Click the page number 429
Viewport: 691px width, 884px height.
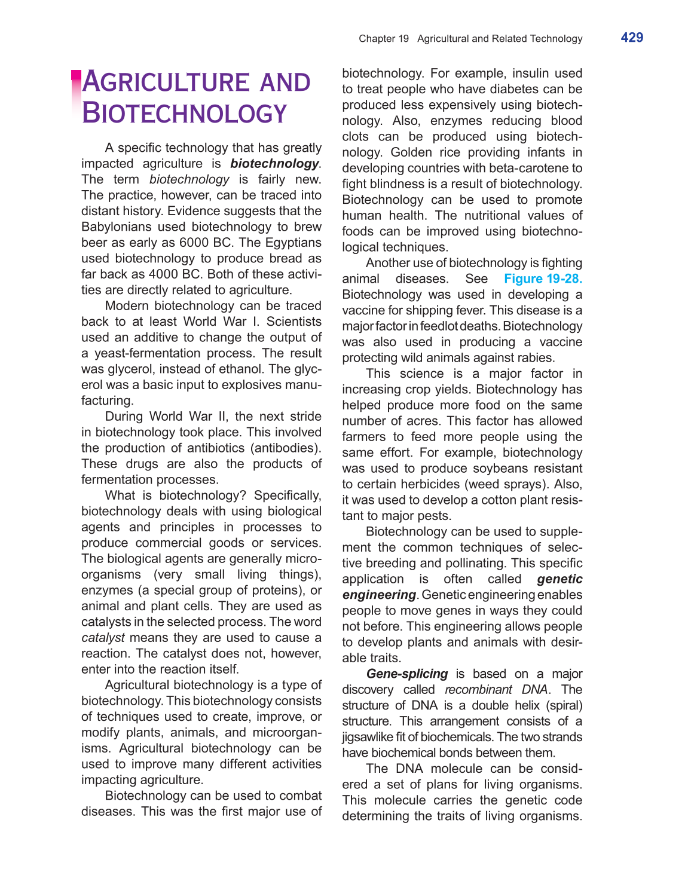(632, 38)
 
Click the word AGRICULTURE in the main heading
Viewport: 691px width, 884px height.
(166, 82)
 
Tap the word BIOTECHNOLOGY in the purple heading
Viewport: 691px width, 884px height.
(185, 114)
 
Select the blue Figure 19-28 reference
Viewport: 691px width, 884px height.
(543, 279)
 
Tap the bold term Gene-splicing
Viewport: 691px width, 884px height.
(406, 674)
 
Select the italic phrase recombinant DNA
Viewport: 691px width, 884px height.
(496, 690)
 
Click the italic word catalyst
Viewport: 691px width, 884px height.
(103, 638)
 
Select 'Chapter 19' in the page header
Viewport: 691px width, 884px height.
(383, 39)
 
